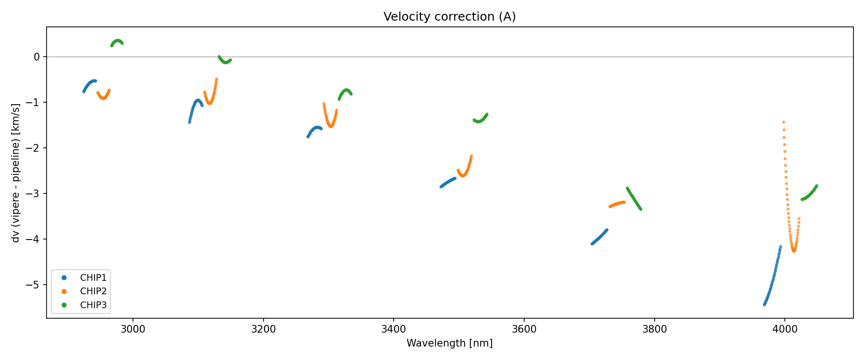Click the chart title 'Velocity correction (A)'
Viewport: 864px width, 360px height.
tap(449, 17)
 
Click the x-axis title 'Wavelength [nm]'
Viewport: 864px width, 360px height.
tap(449, 343)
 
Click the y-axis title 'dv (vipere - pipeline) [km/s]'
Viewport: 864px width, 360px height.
tap(16, 173)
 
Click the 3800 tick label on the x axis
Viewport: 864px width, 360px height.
tap(654, 329)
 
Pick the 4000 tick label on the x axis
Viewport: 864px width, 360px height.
tap(785, 329)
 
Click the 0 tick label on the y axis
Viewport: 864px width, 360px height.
tap(36, 57)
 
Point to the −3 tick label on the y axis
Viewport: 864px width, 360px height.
tap(34, 194)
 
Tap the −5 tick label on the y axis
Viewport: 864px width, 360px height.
tap(34, 285)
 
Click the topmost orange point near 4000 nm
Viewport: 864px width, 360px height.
tap(783, 122)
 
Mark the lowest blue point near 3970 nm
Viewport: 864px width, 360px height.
tap(765, 304)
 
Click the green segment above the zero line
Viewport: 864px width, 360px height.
tap(117, 42)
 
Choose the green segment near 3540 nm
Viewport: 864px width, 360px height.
tap(480, 120)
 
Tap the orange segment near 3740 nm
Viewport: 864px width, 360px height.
tap(617, 204)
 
